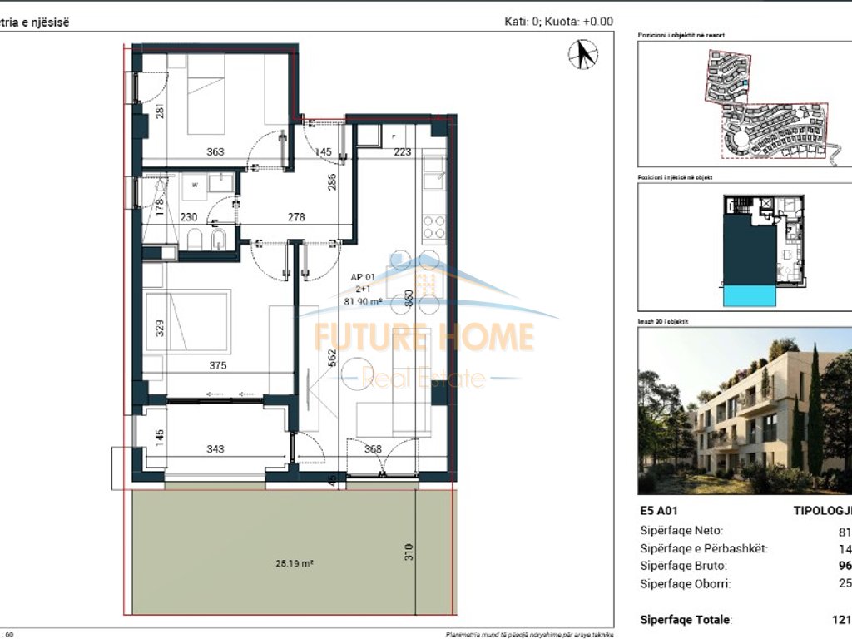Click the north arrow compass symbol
click(x=583, y=55)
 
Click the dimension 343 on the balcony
click(x=215, y=449)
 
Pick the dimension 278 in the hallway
click(x=295, y=217)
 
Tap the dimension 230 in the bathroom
click(x=189, y=217)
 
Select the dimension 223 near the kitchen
click(x=403, y=151)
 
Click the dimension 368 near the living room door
click(x=373, y=449)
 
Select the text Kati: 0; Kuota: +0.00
click(x=558, y=22)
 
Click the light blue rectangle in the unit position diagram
click(x=750, y=295)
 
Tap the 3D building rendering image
click(x=745, y=409)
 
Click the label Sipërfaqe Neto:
click(x=681, y=530)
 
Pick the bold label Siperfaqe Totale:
click(x=686, y=620)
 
